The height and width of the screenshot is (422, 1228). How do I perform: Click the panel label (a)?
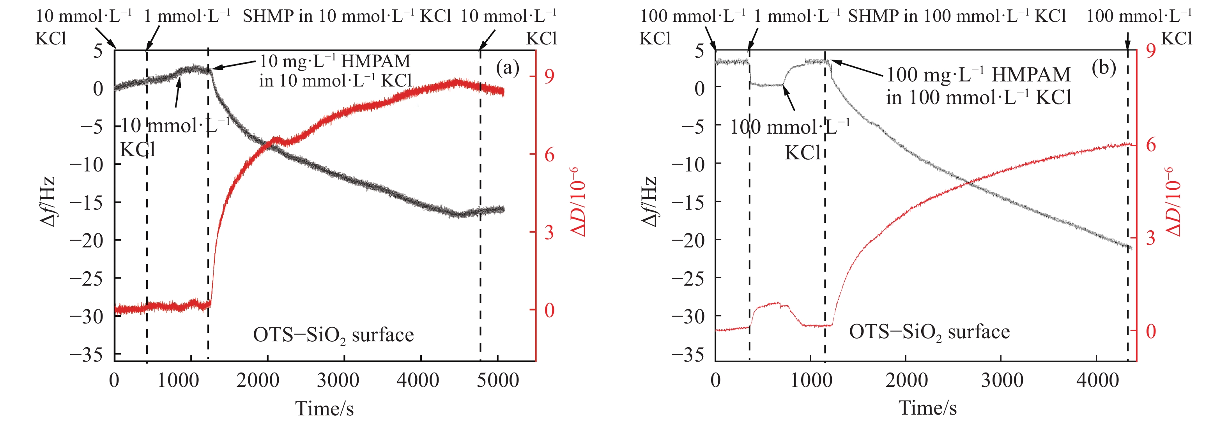(507, 68)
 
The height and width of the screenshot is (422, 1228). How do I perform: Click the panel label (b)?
(1103, 68)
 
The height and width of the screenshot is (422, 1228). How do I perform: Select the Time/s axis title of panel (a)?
(325, 409)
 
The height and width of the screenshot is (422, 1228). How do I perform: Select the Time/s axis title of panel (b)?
(928, 408)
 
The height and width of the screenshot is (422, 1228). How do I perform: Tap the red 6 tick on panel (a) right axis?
(550, 155)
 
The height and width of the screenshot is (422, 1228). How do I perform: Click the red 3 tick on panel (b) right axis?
(1151, 238)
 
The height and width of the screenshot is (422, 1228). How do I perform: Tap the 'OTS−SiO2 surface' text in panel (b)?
(929, 332)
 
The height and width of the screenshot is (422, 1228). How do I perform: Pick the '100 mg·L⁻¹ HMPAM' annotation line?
(978, 75)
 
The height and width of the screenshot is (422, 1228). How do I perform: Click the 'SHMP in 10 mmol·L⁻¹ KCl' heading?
(347, 16)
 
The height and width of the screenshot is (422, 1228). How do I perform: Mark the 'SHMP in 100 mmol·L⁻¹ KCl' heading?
(957, 16)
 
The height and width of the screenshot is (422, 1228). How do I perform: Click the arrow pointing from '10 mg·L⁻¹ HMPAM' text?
(234, 65)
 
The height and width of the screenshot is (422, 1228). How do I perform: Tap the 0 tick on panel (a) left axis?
(98, 88)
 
